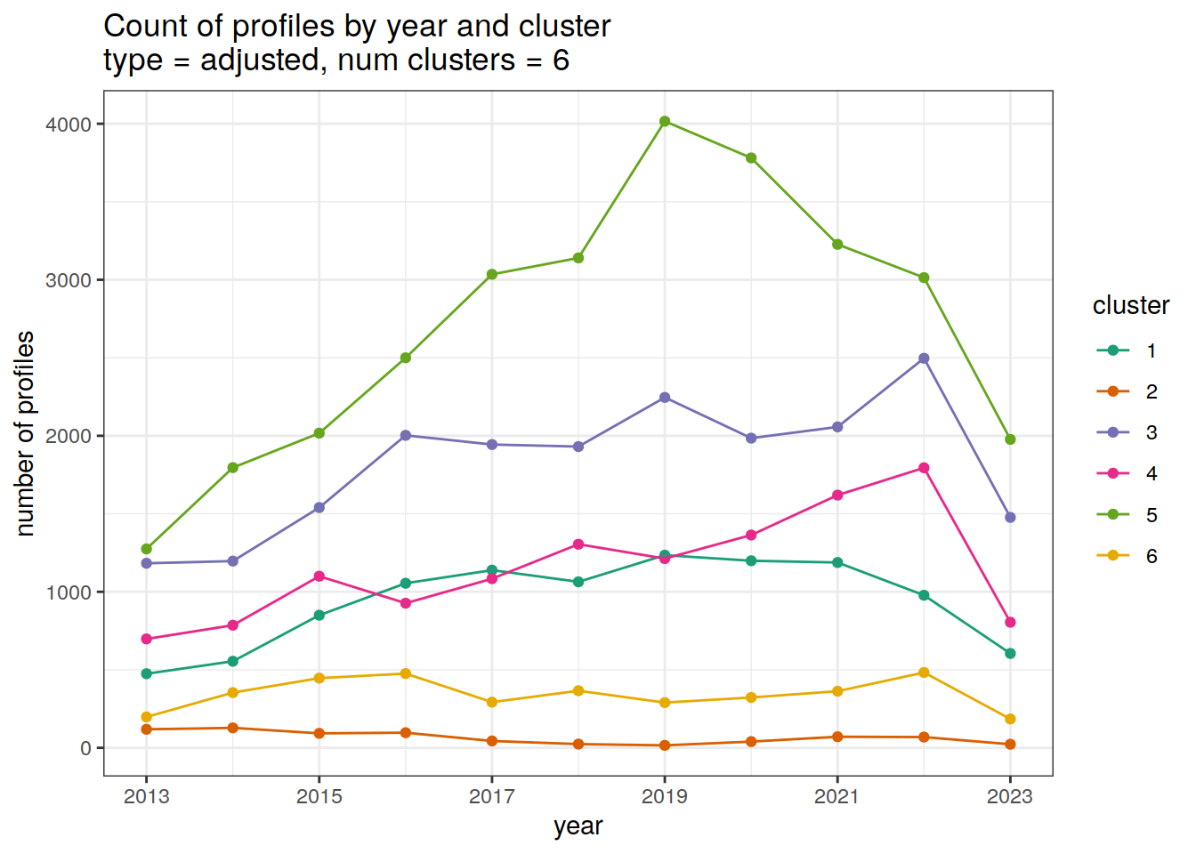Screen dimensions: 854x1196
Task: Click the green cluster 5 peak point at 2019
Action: [x=665, y=121]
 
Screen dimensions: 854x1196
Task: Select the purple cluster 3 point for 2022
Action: [x=924, y=359]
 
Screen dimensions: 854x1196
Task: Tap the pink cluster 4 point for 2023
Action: [x=1010, y=623]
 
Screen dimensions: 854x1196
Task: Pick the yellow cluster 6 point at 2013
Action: [x=147, y=717]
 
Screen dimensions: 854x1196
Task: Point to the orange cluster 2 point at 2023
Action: [x=1010, y=745]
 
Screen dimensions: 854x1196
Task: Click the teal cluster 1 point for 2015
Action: [x=319, y=616]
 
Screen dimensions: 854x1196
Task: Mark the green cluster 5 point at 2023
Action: [x=1010, y=439]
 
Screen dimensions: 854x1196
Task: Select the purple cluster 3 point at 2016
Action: [x=406, y=435]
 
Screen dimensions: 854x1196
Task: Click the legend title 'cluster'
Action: [x=1130, y=306]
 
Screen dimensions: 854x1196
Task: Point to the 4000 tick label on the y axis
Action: [x=69, y=125]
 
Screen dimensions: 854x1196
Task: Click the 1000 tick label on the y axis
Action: [x=69, y=592]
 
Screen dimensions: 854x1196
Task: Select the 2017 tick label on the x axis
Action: [x=492, y=796]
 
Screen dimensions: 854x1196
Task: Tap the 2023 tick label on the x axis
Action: [x=1010, y=796]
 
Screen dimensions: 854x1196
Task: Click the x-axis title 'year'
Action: [x=578, y=826]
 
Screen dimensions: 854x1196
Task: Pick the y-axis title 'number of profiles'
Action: [x=26, y=433]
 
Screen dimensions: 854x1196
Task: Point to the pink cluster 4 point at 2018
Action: [x=578, y=544]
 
